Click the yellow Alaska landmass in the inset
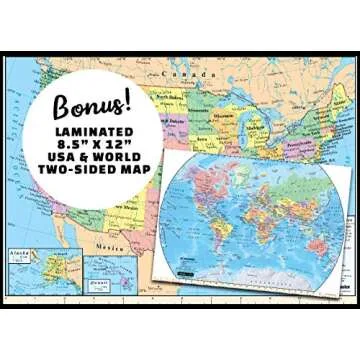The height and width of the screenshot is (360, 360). click(x=30, y=268)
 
